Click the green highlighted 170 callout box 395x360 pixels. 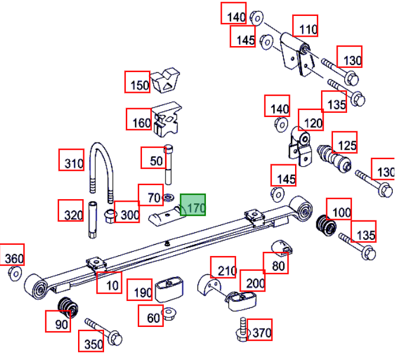click(x=193, y=205)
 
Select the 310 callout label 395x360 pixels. click(x=72, y=160)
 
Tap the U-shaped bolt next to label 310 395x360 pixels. click(x=102, y=172)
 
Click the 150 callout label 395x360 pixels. click(x=137, y=82)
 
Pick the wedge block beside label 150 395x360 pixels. click(x=165, y=80)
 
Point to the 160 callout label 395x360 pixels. click(x=139, y=119)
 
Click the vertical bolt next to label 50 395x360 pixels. click(x=169, y=164)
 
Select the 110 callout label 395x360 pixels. click(x=305, y=25)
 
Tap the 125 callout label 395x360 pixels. click(x=344, y=142)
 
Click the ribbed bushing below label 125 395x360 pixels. click(x=334, y=158)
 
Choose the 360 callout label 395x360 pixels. click(x=12, y=254)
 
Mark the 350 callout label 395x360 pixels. click(x=91, y=341)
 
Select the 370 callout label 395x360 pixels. click(x=260, y=330)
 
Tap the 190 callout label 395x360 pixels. click(x=140, y=290)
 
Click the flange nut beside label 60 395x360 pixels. click(x=169, y=314)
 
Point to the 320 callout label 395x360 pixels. click(x=71, y=210)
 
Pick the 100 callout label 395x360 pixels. click(x=339, y=209)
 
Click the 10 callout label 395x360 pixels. click(x=109, y=283)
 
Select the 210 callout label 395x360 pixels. click(x=223, y=267)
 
